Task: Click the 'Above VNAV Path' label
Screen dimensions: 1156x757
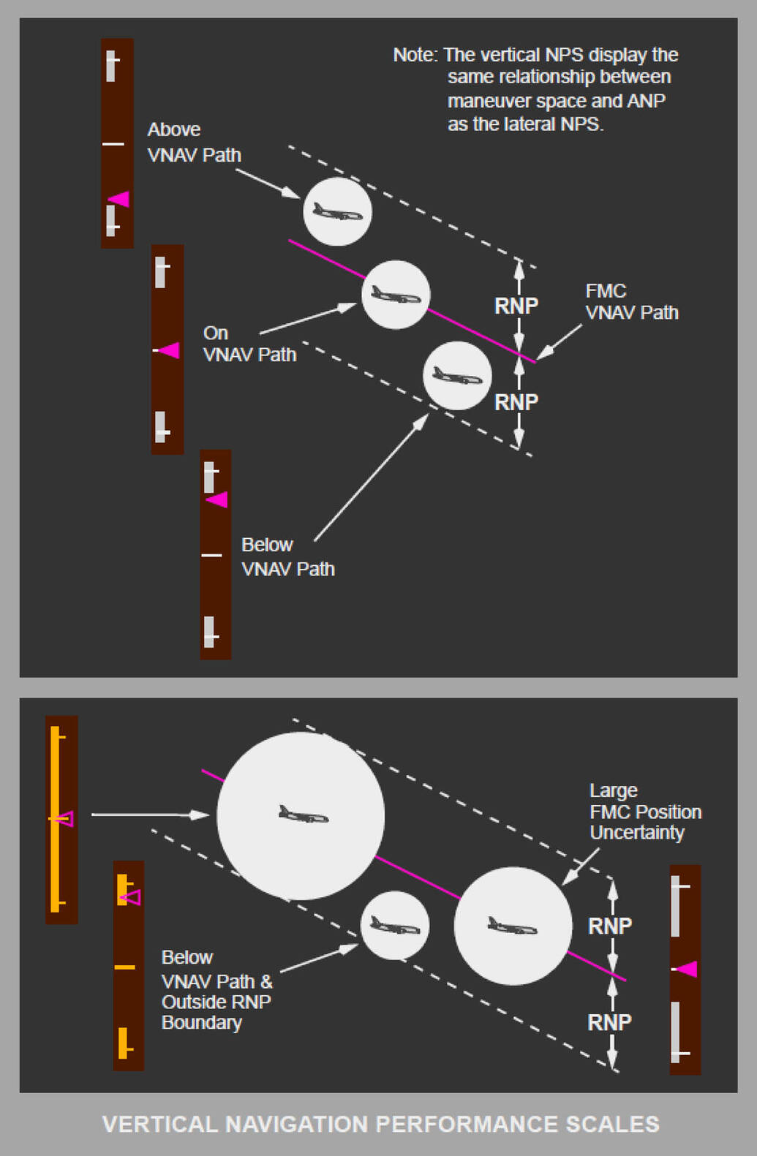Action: coord(194,142)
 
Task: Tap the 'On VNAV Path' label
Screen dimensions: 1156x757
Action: coord(249,344)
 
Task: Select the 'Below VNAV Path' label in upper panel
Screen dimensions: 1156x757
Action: coord(287,556)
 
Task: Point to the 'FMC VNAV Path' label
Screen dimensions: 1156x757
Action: coord(631,302)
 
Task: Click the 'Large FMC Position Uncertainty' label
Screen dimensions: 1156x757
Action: coord(644,812)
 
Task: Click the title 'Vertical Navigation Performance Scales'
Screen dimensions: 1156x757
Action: coord(380,1124)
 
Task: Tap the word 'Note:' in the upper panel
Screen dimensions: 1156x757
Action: coord(415,56)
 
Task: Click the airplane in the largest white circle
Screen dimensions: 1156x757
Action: coord(304,815)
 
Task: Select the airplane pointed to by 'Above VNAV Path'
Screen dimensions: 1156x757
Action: coord(337,213)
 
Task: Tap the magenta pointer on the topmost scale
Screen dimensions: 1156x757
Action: coord(119,199)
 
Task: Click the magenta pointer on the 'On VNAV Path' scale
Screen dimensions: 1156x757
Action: coord(170,351)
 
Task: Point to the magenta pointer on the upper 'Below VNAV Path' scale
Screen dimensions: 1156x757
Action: coord(216,500)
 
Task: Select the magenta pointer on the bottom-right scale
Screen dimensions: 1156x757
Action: coord(686,970)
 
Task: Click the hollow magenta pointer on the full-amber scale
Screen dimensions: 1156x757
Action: coord(65,819)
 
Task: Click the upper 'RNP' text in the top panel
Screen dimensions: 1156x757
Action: coord(516,306)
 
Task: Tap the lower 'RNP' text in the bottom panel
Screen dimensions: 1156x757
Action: coord(609,1022)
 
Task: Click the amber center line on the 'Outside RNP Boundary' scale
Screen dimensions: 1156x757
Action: coord(125,967)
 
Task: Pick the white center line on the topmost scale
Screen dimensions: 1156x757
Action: coord(113,144)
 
